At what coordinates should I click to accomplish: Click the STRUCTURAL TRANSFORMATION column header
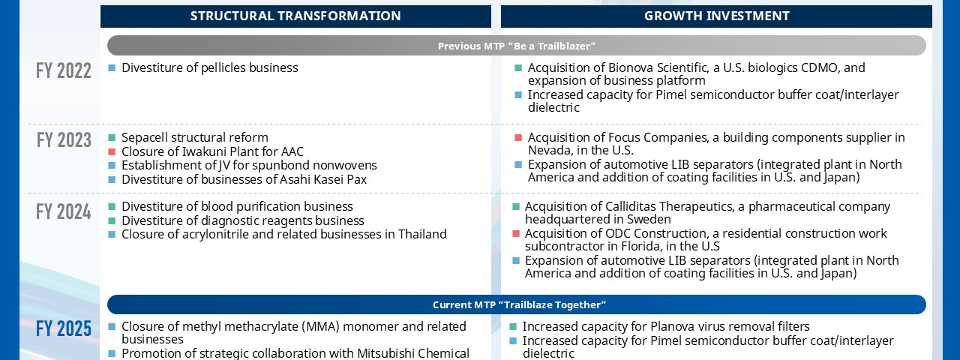click(295, 16)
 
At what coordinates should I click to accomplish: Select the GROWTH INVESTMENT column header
click(716, 16)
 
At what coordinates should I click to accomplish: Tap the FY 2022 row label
click(64, 70)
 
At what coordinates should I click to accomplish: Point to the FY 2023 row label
click(64, 140)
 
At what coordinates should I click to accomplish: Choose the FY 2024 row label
click(64, 211)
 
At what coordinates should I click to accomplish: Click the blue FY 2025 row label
click(64, 328)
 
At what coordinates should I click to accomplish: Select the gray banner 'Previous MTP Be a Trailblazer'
click(517, 46)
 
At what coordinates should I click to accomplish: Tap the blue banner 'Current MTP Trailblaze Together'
click(517, 304)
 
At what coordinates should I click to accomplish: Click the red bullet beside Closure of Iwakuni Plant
click(112, 151)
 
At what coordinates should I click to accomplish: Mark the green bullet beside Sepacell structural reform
click(112, 137)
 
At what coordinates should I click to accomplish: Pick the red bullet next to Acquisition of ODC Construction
click(516, 233)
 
